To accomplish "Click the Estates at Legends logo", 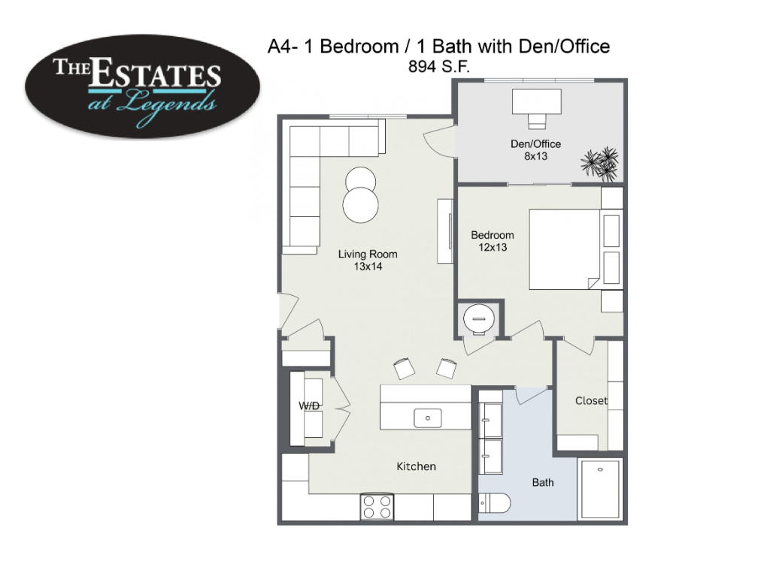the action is (142, 86).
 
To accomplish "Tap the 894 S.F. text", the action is (438, 66).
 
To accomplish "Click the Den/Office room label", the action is (535, 150).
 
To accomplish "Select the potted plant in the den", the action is (599, 164).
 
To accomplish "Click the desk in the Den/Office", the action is (536, 101).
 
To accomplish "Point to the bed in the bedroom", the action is (565, 249).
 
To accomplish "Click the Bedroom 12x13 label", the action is (493, 241).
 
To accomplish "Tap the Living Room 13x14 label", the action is (368, 260).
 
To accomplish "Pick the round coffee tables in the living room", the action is (361, 195).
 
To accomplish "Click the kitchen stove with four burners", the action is (377, 507).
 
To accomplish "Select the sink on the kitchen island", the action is (428, 418).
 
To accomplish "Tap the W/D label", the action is (309, 406).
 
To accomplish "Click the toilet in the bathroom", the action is (494, 503).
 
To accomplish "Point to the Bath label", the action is (543, 483).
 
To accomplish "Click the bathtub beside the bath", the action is (600, 489).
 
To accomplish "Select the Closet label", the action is (591, 401).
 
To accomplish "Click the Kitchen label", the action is (416, 466).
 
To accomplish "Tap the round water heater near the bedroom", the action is (478, 319).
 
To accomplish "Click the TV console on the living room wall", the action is (445, 231).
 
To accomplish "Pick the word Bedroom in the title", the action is (359, 47).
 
